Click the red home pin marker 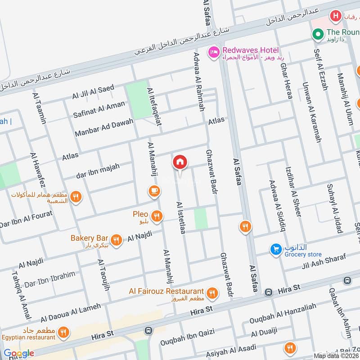click(x=180, y=162)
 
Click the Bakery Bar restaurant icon click(x=117, y=240)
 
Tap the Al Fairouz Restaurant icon click(x=212, y=294)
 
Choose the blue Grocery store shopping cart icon click(x=275, y=249)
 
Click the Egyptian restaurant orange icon click(x=63, y=333)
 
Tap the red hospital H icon click(x=335, y=17)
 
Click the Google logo click(x=19, y=353)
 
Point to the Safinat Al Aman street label click(x=99, y=109)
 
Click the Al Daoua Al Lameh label click(x=70, y=313)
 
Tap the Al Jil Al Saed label click(x=93, y=92)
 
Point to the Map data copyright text click(x=337, y=356)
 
